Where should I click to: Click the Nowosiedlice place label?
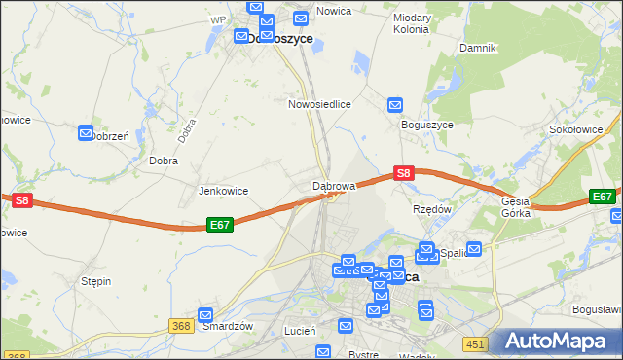click(x=318, y=102)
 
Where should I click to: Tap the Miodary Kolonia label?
click(x=411, y=23)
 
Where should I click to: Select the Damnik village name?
click(x=478, y=47)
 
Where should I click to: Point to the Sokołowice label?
click(x=574, y=129)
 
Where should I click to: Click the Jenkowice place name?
click(x=223, y=191)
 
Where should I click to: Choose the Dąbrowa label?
click(x=333, y=184)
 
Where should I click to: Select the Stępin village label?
click(x=95, y=281)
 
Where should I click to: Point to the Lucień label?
click(x=300, y=331)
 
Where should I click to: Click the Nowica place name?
click(x=333, y=10)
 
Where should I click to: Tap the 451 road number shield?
click(x=474, y=343)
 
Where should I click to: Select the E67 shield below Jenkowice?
click(x=220, y=225)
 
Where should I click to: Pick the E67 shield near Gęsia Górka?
click(x=603, y=197)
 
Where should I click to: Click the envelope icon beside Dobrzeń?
click(x=86, y=132)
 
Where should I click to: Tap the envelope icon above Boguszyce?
click(x=395, y=105)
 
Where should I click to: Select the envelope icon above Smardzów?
click(x=205, y=314)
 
